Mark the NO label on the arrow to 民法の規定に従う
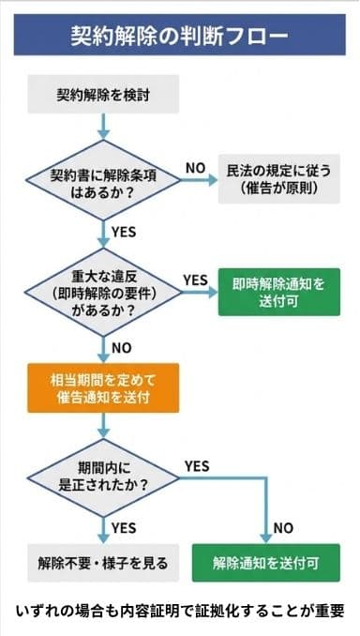pyautogui.click(x=195, y=166)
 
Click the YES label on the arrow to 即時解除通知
pyautogui.click(x=195, y=280)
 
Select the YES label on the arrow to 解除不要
pyautogui.click(x=123, y=527)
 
